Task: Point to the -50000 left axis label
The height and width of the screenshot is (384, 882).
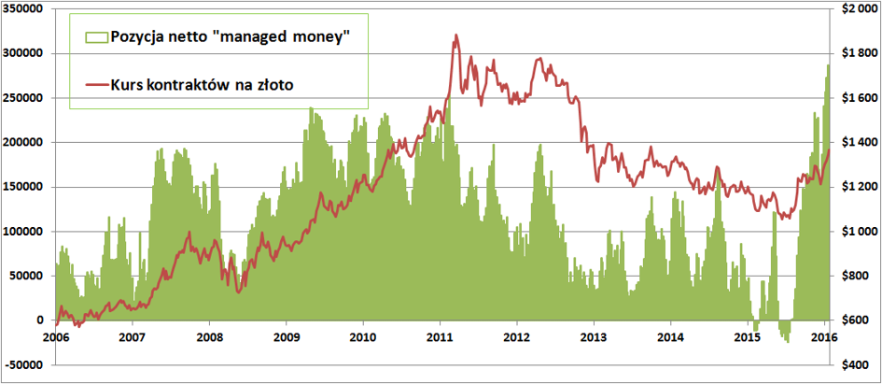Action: (x=23, y=364)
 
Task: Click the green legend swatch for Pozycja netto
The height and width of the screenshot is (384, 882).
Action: (x=96, y=36)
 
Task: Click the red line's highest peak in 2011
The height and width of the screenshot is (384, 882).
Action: (x=455, y=36)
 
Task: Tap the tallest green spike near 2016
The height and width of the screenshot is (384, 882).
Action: (x=827, y=65)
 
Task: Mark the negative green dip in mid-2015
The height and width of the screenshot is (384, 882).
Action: (x=787, y=340)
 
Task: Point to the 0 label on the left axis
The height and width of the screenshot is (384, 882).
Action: (x=39, y=320)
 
